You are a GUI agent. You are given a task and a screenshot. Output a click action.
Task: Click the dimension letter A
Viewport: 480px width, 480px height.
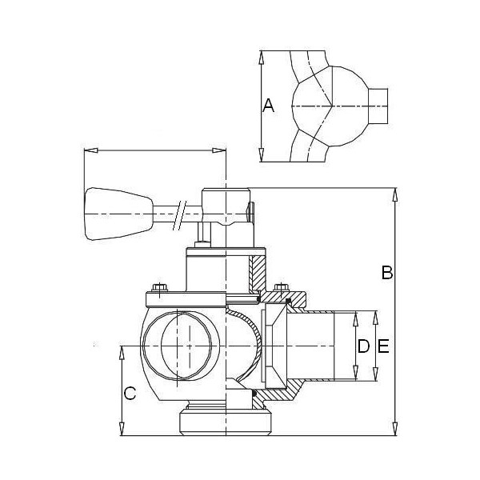pyautogui.click(x=268, y=106)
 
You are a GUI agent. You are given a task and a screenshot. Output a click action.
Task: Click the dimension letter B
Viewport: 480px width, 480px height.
pyautogui.click(x=387, y=272)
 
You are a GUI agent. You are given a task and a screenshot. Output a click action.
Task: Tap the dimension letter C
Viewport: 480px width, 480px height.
pyautogui.click(x=130, y=393)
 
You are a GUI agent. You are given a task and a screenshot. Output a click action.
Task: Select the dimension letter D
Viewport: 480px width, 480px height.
pyautogui.click(x=364, y=346)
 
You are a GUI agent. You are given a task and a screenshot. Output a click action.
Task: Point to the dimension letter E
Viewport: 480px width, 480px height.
pyautogui.click(x=383, y=346)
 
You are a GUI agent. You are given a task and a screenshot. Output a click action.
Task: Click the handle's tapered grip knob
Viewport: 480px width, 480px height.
pyautogui.click(x=118, y=214)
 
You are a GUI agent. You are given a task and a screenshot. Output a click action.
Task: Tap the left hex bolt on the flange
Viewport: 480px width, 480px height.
pyautogui.click(x=159, y=288)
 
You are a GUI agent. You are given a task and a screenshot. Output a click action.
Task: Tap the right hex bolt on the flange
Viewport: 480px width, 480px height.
pyautogui.click(x=282, y=287)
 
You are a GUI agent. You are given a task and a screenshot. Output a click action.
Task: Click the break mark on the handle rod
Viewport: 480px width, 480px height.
pyautogui.click(x=179, y=215)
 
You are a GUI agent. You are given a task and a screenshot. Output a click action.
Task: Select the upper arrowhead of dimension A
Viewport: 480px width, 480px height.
pyautogui.click(x=261, y=58)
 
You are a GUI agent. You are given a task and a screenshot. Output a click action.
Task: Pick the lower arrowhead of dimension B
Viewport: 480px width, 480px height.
pyautogui.click(x=395, y=429)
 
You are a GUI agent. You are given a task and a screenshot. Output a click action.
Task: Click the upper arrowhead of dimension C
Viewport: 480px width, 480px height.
pyautogui.click(x=122, y=352)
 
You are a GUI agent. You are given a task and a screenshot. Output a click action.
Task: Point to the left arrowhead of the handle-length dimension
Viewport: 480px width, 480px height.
pyautogui.click(x=90, y=150)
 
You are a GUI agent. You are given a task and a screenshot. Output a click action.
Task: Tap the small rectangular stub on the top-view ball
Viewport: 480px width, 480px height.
pyautogui.click(x=378, y=106)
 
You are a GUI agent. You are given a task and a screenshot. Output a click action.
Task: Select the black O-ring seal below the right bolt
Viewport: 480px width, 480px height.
pyautogui.click(x=288, y=301)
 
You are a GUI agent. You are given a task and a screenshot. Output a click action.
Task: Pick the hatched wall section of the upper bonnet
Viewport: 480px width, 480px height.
pyautogui.click(x=257, y=274)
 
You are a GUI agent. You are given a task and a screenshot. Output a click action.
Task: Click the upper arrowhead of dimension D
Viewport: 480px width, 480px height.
pyautogui.click(x=355, y=318)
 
